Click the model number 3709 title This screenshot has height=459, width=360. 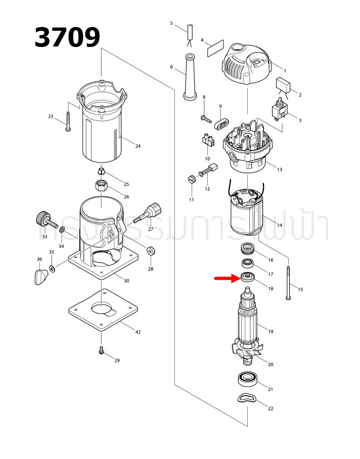[67, 38]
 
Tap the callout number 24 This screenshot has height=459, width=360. [138, 146]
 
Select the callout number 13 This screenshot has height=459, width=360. [279, 170]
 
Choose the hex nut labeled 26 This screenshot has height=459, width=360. [102, 187]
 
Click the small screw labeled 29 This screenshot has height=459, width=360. [101, 350]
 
